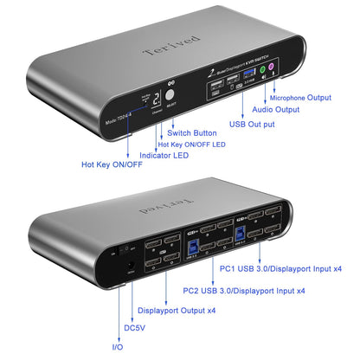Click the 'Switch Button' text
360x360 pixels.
click(192, 132)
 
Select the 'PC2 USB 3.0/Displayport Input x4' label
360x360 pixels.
click(244, 290)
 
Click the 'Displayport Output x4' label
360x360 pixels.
click(178, 309)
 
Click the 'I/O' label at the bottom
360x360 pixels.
click(118, 346)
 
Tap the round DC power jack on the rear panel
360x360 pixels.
click(131, 251)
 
